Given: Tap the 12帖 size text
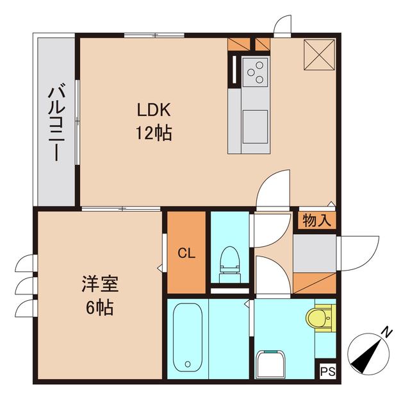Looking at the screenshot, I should click(x=154, y=133).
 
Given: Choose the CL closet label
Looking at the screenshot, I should click(x=186, y=253).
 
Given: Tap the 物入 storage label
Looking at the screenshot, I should click(x=316, y=221).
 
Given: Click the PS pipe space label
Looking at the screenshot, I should click(x=327, y=371).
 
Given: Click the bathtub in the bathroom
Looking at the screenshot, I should click(x=188, y=337).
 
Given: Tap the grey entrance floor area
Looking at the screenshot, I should click(x=314, y=253).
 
